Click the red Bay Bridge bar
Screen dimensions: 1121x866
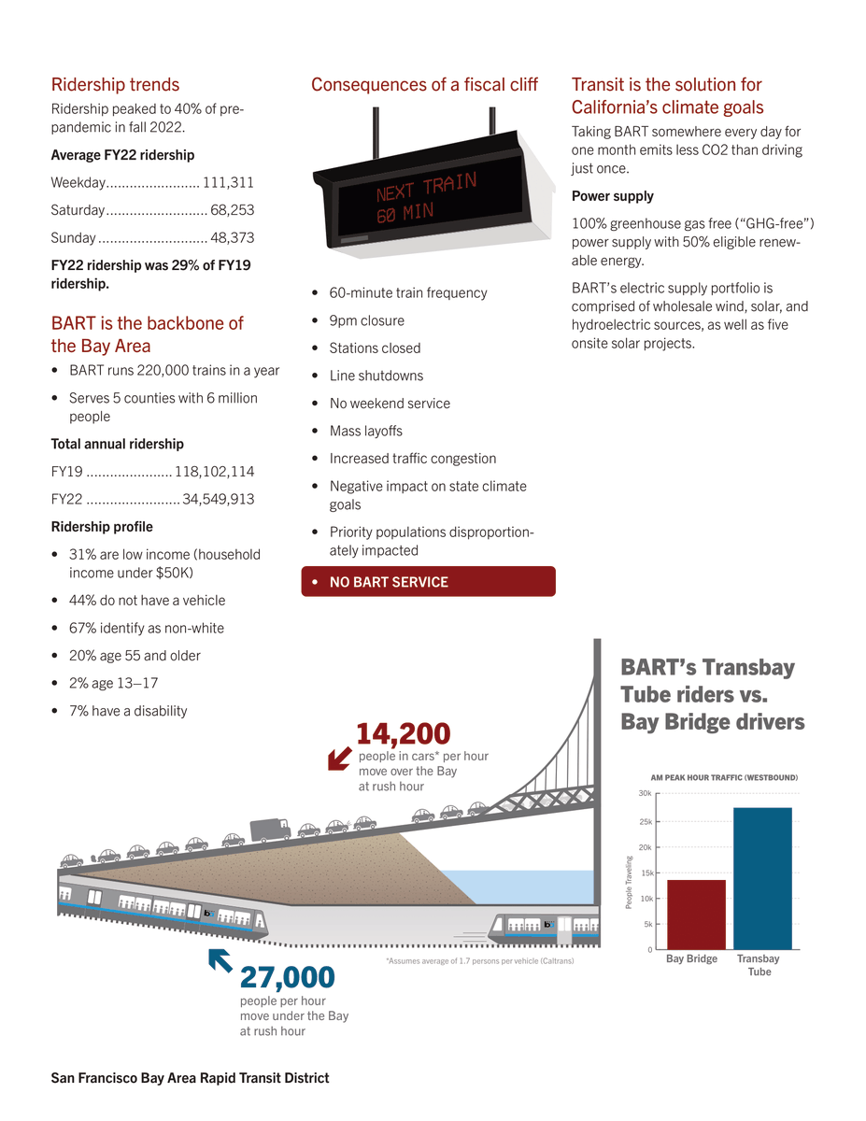point(696,915)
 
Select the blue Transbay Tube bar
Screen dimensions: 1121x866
point(762,878)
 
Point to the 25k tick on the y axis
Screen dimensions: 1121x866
point(646,822)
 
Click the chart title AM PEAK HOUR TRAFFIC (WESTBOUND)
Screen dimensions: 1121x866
point(724,777)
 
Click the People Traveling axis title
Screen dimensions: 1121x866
point(630,883)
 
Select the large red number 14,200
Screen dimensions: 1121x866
point(404,734)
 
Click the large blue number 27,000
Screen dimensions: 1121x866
point(288,977)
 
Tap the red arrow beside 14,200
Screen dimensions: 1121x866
point(339,759)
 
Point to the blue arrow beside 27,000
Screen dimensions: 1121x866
point(220,960)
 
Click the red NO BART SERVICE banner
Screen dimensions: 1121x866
point(428,582)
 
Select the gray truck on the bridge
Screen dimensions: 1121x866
point(271,829)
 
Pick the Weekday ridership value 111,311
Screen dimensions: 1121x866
point(228,182)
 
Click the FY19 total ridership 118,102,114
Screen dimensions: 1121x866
point(214,472)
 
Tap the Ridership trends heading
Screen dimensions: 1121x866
point(115,85)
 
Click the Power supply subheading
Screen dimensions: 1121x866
point(612,196)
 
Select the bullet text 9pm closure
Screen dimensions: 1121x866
point(366,320)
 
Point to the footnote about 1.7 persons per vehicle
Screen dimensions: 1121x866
point(479,960)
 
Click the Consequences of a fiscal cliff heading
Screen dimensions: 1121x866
point(424,85)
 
